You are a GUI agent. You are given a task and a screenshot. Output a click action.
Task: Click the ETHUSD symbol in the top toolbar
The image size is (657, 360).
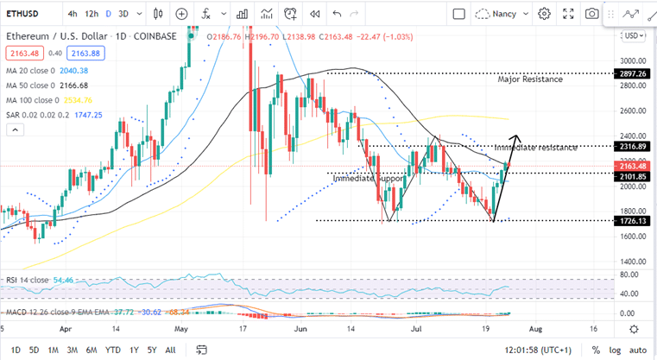tap(23, 14)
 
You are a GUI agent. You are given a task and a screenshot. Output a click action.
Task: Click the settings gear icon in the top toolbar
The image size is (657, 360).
tap(544, 14)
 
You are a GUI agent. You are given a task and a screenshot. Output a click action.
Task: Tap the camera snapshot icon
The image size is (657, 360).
tap(591, 14)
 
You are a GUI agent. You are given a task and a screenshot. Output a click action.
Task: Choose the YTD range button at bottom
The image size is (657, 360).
tap(113, 350)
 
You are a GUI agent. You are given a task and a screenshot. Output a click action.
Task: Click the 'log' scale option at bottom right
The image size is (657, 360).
tap(616, 350)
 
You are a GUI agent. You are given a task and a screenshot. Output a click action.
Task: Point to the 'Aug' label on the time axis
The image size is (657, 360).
tap(536, 330)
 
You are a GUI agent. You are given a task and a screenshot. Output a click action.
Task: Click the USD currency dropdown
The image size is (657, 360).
tap(634, 35)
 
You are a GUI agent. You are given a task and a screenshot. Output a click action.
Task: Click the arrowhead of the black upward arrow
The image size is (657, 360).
tap(517, 138)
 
